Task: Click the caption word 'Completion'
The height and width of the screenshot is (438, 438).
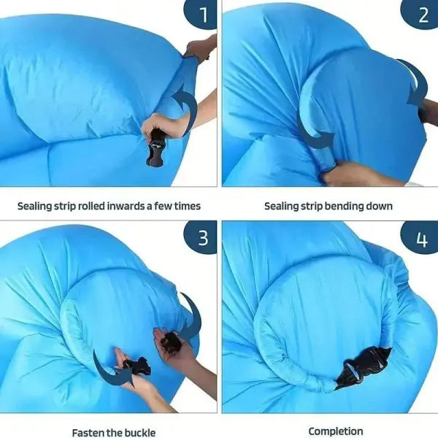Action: (x=336, y=431)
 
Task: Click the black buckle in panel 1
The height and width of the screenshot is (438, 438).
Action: (x=155, y=148)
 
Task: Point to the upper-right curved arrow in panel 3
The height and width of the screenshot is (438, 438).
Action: (x=196, y=315)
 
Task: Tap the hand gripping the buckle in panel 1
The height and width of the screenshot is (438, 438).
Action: (x=162, y=125)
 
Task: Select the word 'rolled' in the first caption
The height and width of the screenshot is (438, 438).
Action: (x=91, y=206)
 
